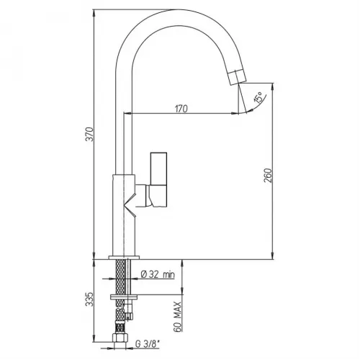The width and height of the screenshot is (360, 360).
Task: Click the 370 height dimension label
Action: tap(89, 134)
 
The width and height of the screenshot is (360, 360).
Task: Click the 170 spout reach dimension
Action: tap(181, 109)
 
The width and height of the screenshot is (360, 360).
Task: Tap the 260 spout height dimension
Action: tap(268, 176)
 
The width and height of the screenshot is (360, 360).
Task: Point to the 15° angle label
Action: tap(258, 97)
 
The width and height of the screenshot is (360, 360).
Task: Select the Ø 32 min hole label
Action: tap(158, 274)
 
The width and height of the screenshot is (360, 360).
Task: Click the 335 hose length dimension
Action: tap(89, 299)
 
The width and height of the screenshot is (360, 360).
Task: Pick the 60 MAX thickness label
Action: tap(177, 317)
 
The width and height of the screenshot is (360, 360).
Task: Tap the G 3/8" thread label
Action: tap(148, 344)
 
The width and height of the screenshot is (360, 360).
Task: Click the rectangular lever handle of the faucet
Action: tap(158, 179)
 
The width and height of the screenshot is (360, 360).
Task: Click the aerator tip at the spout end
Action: tap(237, 77)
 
